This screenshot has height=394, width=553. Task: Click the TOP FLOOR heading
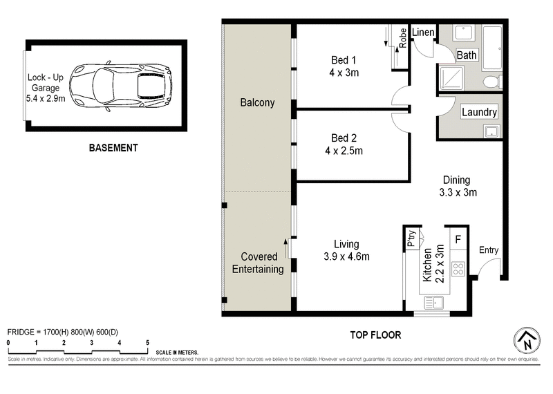coord(373,335)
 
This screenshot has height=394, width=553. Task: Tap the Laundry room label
coord(479,112)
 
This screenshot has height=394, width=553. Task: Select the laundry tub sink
coord(491,131)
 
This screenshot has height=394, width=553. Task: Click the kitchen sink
coord(436,301)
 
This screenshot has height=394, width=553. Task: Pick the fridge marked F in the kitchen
coord(458,239)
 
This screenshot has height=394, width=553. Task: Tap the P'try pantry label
coord(411,238)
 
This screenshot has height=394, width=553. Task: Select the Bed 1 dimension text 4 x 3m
coord(344,72)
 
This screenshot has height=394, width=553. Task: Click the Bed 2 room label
coord(344,138)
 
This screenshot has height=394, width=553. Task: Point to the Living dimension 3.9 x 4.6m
coord(346,256)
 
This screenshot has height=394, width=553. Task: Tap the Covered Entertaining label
coord(257,263)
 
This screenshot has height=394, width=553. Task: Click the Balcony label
coord(257,103)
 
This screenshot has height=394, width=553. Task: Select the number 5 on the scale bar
coord(147,343)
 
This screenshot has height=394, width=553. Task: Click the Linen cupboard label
coord(422,32)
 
